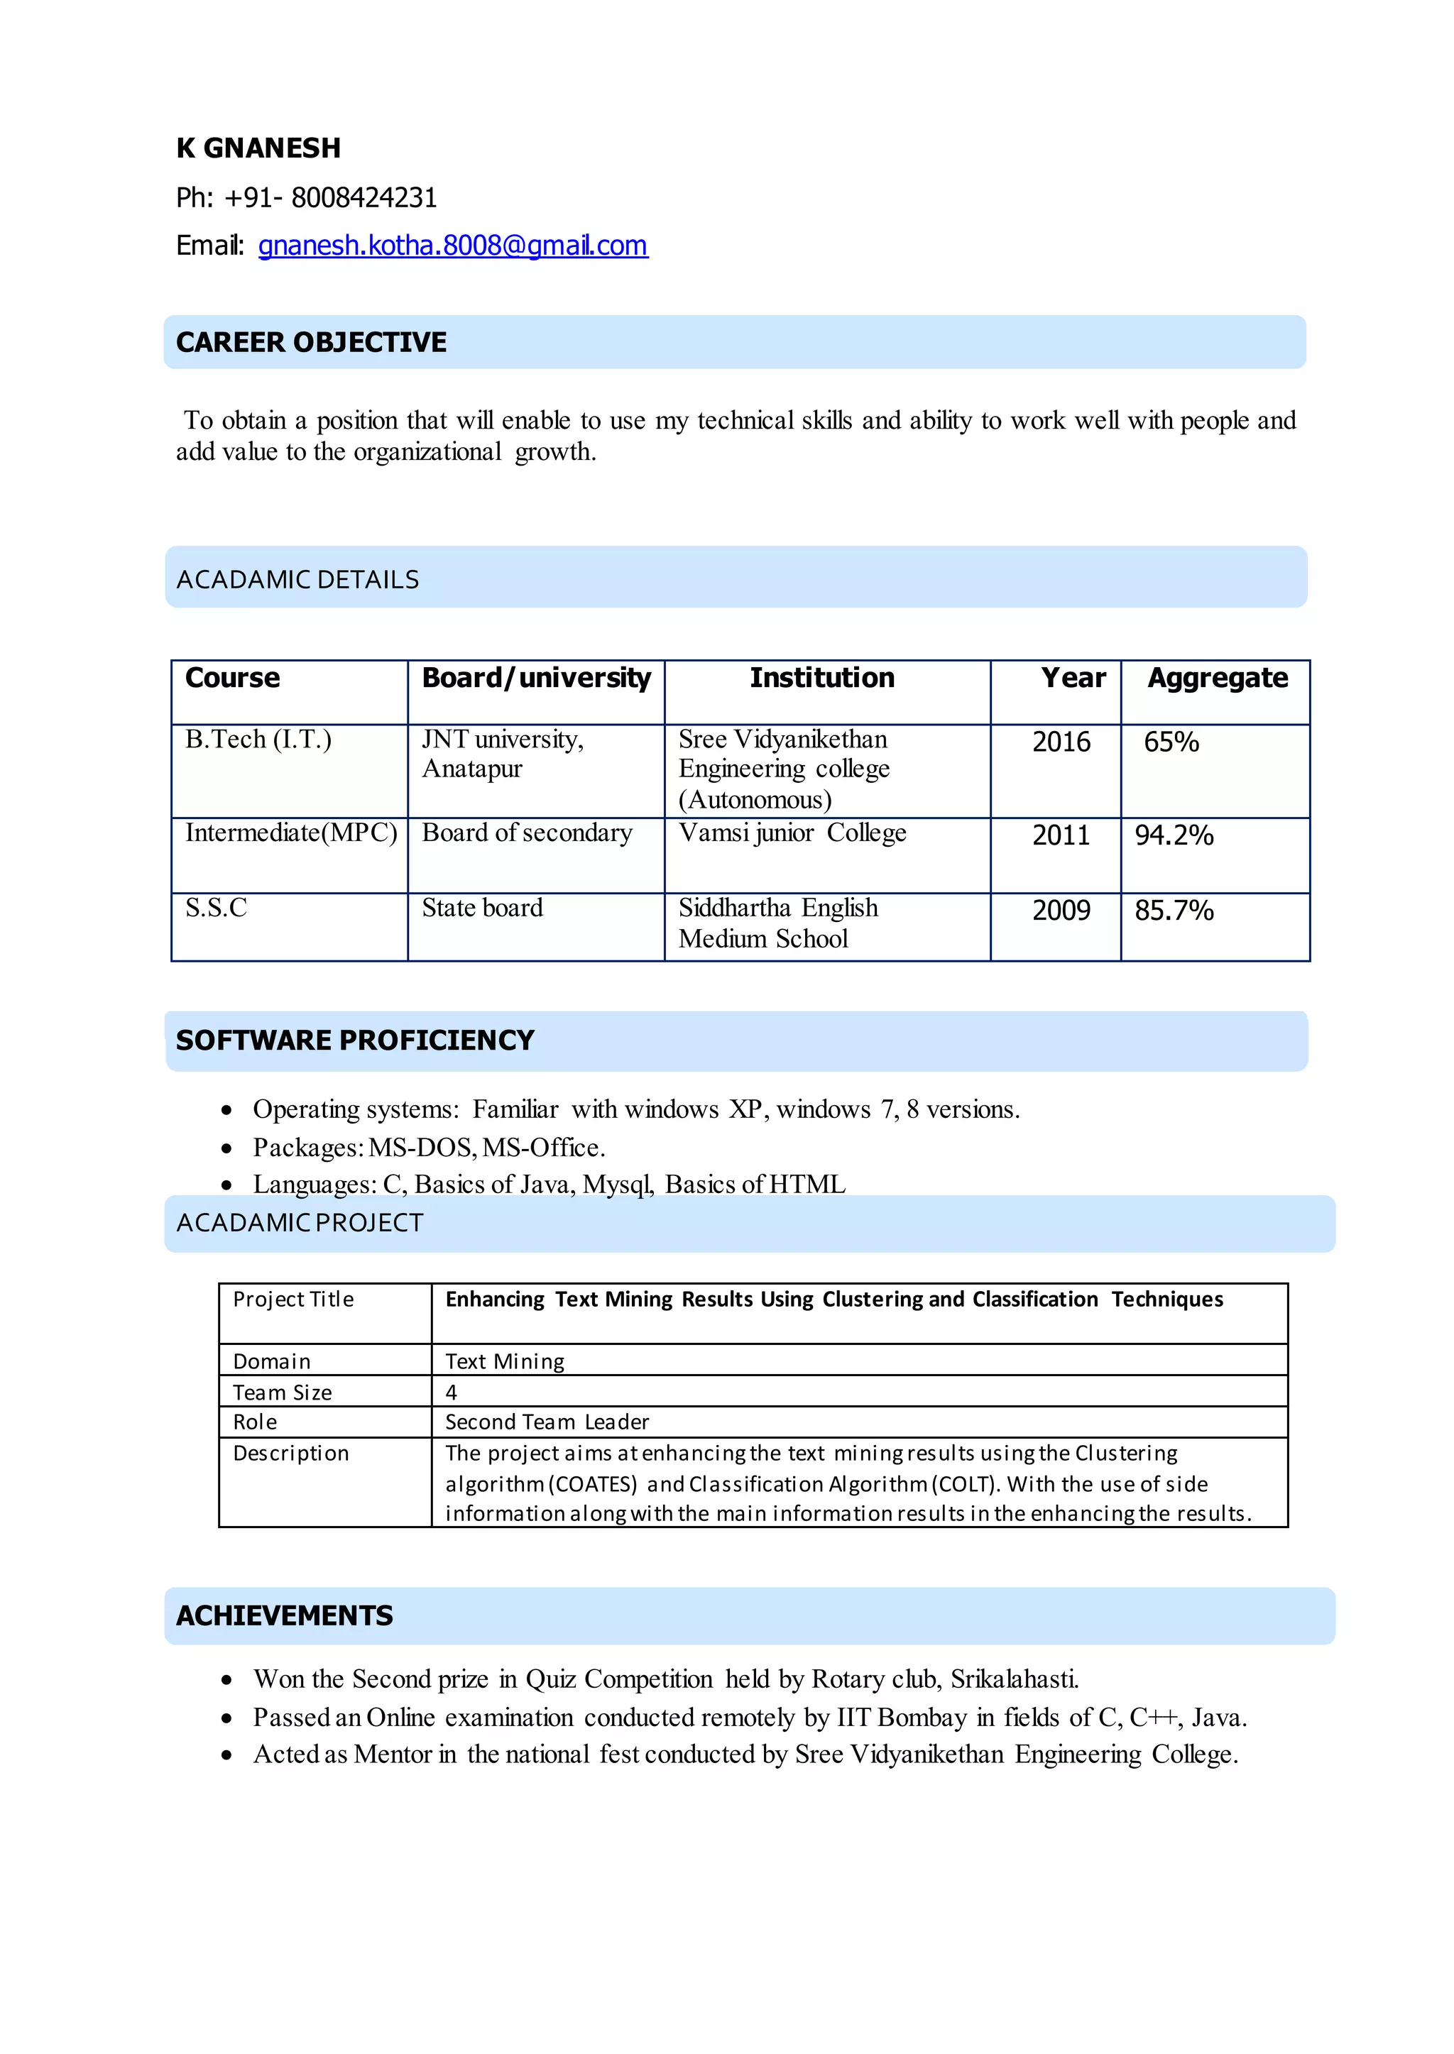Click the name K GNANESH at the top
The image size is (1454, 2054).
tap(258, 148)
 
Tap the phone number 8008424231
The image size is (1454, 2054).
tap(363, 198)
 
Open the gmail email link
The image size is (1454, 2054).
tap(452, 246)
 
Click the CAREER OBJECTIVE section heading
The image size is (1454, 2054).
tap(311, 342)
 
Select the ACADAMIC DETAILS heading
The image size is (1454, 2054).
tap(297, 580)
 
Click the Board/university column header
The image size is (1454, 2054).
tap(535, 678)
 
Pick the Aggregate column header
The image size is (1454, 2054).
tap(1217, 678)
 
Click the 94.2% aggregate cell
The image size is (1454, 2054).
tap(1174, 835)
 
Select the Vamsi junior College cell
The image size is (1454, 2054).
tap(792, 833)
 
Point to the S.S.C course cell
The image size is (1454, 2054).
tap(216, 908)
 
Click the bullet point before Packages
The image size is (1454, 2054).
tap(227, 1148)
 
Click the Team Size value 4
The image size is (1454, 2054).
tap(452, 1392)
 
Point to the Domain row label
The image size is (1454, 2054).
tap(271, 1361)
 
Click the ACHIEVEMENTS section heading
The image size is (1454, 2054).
tap(284, 1615)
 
